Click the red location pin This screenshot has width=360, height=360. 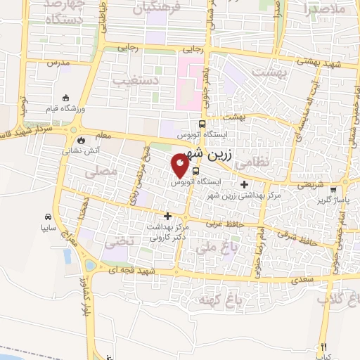180,166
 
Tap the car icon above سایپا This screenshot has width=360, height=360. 47,217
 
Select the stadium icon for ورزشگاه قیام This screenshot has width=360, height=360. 67,98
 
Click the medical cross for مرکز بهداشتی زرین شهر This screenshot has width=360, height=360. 244,185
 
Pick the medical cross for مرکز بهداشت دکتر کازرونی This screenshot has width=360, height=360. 167,216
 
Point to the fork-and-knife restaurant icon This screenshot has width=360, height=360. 323,347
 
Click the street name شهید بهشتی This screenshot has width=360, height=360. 327,63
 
